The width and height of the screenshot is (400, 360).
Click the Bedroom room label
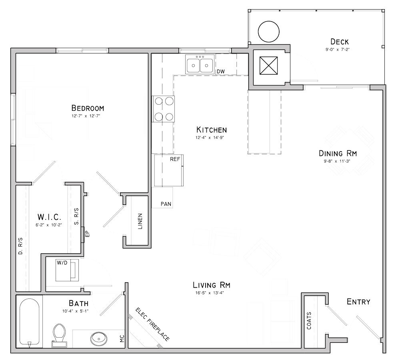click(88, 108)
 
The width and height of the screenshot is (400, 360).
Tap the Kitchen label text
click(212, 130)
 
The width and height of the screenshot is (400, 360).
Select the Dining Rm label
click(338, 153)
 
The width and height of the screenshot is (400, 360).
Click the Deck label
click(339, 42)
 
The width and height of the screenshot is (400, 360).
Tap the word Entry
click(358, 302)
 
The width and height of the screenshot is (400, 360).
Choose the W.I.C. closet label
click(49, 217)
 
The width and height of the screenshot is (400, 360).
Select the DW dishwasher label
click(220, 72)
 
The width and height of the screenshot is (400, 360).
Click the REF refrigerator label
click(175, 159)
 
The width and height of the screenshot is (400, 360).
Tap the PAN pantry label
click(166, 204)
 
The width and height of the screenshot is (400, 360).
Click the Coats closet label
click(309, 320)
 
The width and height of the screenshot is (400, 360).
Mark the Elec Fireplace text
click(152, 324)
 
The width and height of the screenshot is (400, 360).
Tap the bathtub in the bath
click(29, 322)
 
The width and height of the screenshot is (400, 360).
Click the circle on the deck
click(268, 31)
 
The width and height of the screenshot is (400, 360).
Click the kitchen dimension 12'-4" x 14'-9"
click(212, 137)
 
